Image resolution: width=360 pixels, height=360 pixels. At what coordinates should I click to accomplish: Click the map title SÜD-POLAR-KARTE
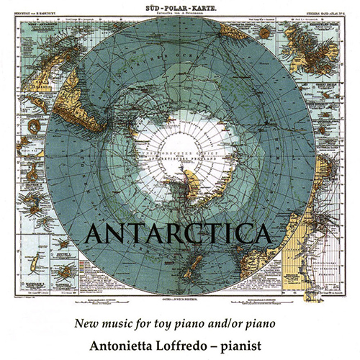[179, 4]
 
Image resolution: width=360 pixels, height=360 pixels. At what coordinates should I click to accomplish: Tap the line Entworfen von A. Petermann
[179, 12]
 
